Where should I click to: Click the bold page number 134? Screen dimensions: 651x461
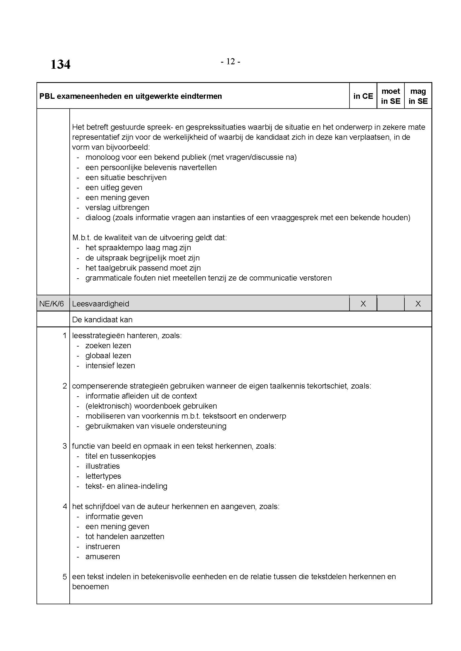(60, 65)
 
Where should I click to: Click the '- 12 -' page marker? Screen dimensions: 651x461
(230, 62)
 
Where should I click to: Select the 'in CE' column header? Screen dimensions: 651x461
(363, 96)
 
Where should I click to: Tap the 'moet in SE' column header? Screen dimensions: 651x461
(390, 96)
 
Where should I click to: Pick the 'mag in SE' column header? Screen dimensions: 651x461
(418, 96)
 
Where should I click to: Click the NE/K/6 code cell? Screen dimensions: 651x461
(52, 304)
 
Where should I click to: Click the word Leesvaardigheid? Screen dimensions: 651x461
(101, 304)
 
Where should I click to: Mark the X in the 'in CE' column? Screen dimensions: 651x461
(363, 304)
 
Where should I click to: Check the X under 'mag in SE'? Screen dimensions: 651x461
(418, 304)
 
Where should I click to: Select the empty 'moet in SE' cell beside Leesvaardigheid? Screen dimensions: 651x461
(390, 304)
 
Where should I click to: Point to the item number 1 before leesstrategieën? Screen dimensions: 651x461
(65, 335)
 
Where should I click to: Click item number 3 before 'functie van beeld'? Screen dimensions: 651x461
(65, 446)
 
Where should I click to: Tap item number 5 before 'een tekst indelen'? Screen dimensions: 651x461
(65, 576)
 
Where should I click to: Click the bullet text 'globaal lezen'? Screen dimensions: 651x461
(108, 355)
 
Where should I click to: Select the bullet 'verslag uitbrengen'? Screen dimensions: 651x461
(117, 208)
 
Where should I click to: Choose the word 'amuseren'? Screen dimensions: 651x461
(103, 556)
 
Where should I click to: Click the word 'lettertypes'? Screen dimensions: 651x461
(103, 476)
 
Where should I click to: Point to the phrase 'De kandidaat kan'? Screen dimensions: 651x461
(102, 320)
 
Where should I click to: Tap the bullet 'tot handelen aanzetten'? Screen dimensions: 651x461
(125, 536)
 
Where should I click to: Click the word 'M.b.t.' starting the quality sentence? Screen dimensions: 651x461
(81, 238)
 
